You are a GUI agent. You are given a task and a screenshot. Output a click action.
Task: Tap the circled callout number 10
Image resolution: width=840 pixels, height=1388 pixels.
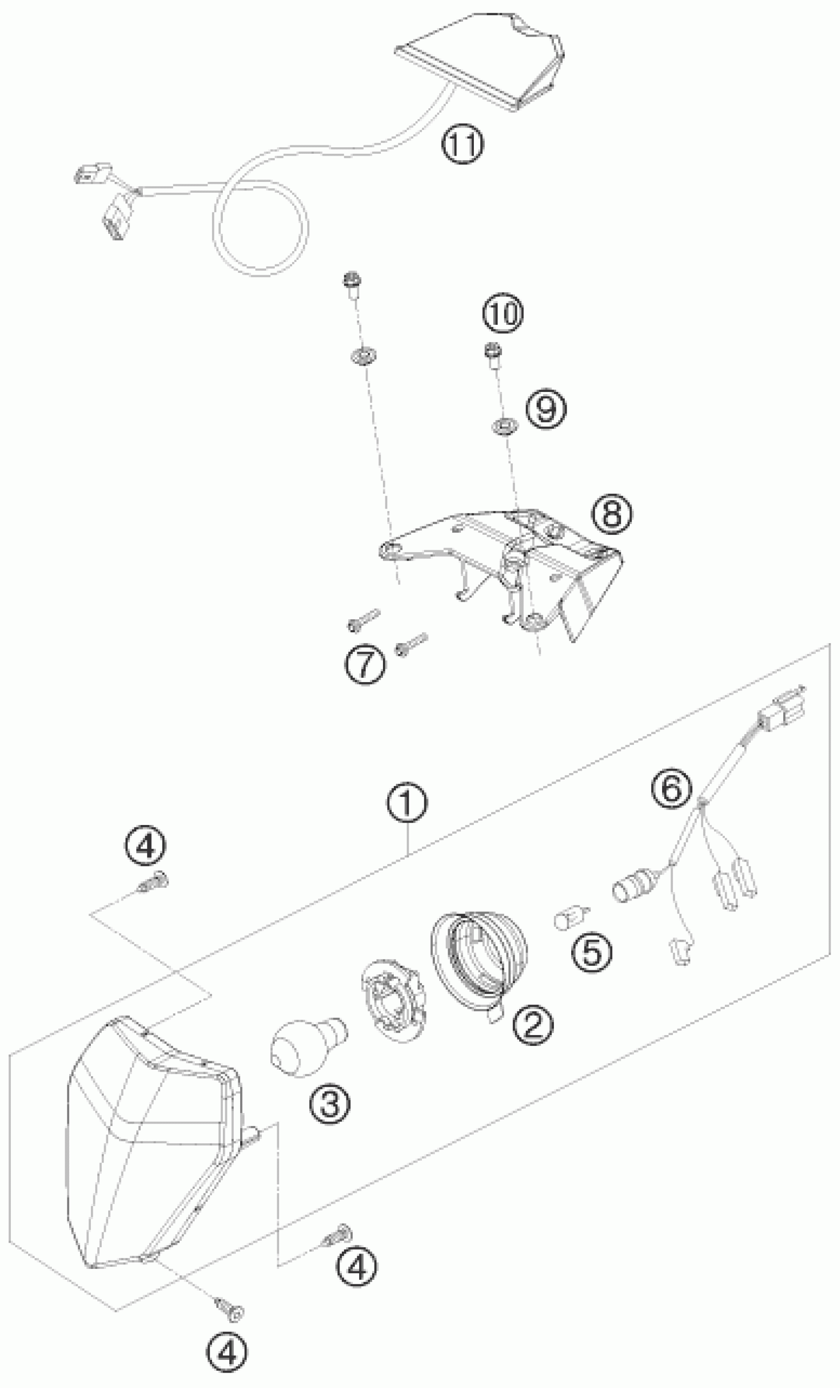[x=503, y=313]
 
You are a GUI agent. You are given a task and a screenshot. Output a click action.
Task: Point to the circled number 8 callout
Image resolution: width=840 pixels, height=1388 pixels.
[x=612, y=513]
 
